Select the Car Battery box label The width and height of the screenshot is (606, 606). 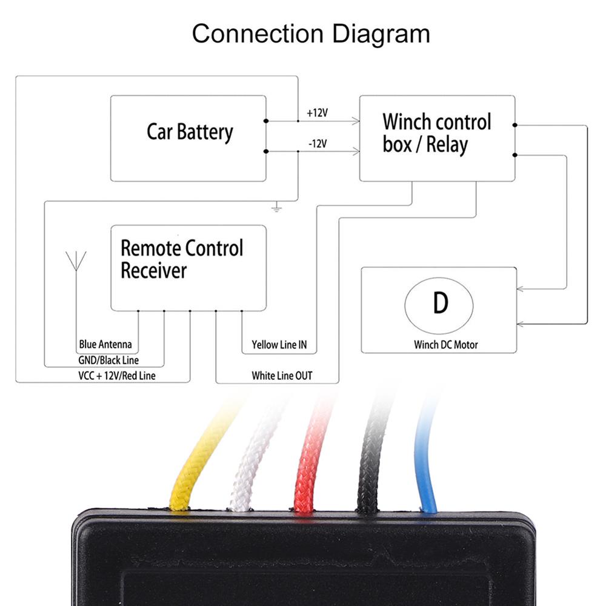click(x=190, y=132)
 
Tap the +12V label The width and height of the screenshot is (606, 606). click(x=316, y=113)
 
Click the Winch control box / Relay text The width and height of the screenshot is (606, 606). click(x=436, y=133)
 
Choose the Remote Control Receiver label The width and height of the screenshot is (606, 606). click(x=181, y=259)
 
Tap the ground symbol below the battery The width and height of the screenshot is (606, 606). click(x=277, y=208)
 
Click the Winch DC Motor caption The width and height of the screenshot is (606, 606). click(x=446, y=345)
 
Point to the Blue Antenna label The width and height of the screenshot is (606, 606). click(x=105, y=345)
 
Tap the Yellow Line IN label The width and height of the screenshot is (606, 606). click(x=279, y=345)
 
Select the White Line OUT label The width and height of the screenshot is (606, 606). click(x=282, y=376)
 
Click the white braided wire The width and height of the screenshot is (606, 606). click(x=251, y=467)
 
